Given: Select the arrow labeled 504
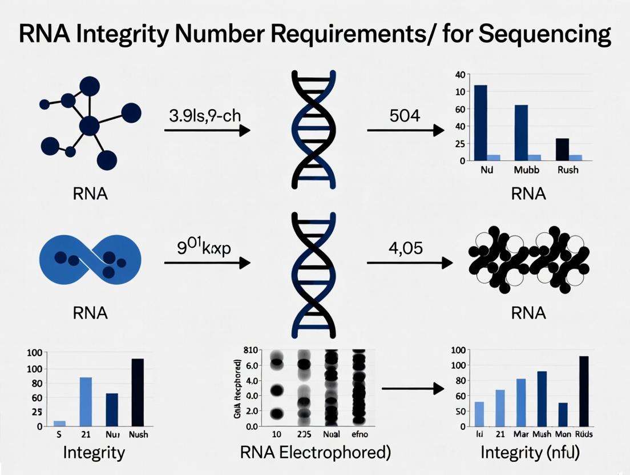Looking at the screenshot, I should tap(405, 131).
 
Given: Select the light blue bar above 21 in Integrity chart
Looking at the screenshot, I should tap(86, 401).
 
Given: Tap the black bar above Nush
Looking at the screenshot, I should tap(138, 392).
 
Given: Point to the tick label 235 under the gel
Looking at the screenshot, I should tap(303, 434).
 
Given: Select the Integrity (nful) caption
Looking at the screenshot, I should tap(530, 453).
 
